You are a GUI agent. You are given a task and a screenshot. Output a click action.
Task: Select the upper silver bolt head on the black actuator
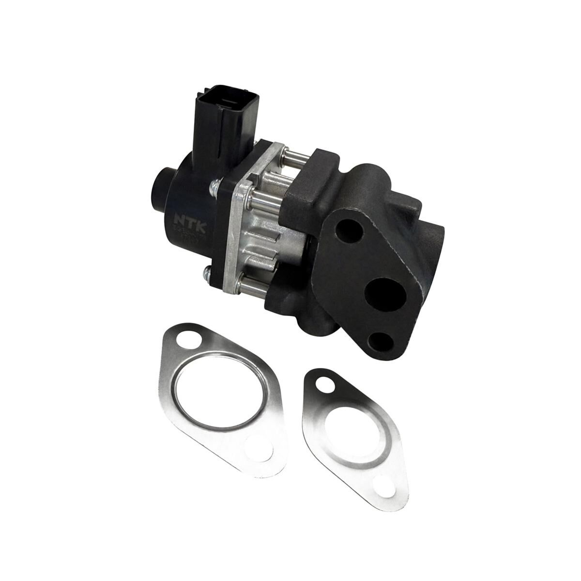[x=213, y=185]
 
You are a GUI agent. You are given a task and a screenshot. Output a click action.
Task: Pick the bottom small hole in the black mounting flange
[x=380, y=342]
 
